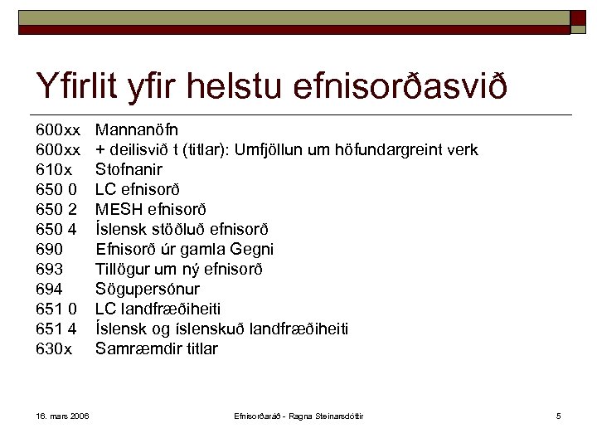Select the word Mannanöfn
(x=136, y=129)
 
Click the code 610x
(x=54, y=169)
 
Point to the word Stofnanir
(x=129, y=169)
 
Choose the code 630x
(x=54, y=348)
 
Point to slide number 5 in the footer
(x=559, y=415)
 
